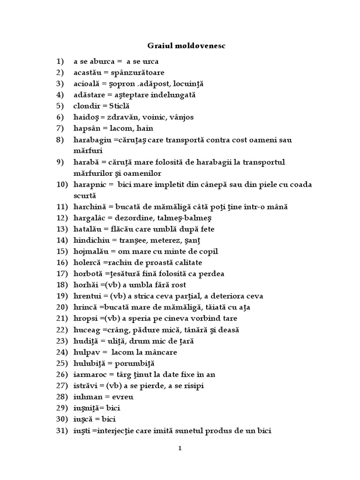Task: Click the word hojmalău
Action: click(x=90, y=251)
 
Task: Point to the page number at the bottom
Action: click(x=180, y=448)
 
